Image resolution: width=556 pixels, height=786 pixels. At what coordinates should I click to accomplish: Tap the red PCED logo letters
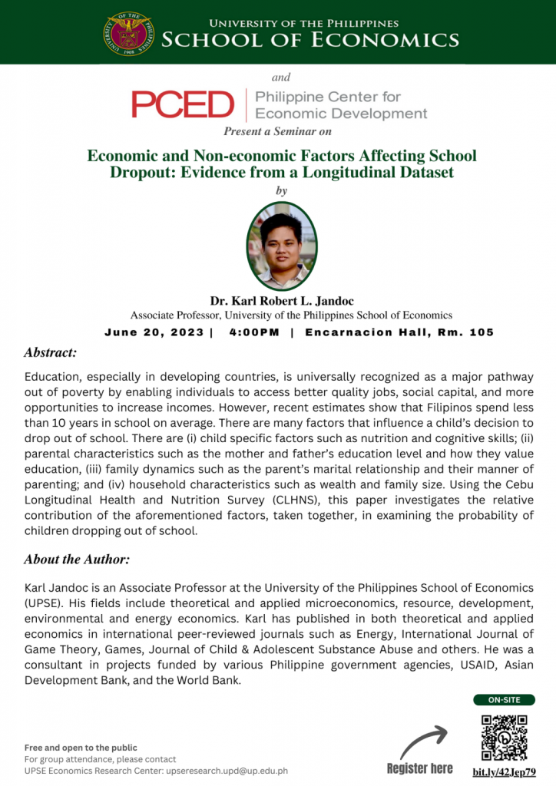coord(182,104)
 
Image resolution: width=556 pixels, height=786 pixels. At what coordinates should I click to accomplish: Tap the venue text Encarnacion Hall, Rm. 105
coord(399,332)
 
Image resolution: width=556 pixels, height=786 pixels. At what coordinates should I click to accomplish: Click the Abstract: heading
coord(50,353)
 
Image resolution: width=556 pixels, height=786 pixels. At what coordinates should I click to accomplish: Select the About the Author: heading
coord(77,559)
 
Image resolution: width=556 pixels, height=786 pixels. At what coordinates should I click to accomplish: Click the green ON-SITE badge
coord(504,699)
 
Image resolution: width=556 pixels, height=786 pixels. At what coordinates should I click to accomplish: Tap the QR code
coord(504,737)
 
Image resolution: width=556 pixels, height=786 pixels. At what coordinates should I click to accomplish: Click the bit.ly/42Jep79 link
coord(504,771)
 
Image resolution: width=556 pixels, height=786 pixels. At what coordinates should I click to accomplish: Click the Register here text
coord(419,768)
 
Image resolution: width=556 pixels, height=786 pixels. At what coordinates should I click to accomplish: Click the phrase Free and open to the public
coord(81,748)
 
